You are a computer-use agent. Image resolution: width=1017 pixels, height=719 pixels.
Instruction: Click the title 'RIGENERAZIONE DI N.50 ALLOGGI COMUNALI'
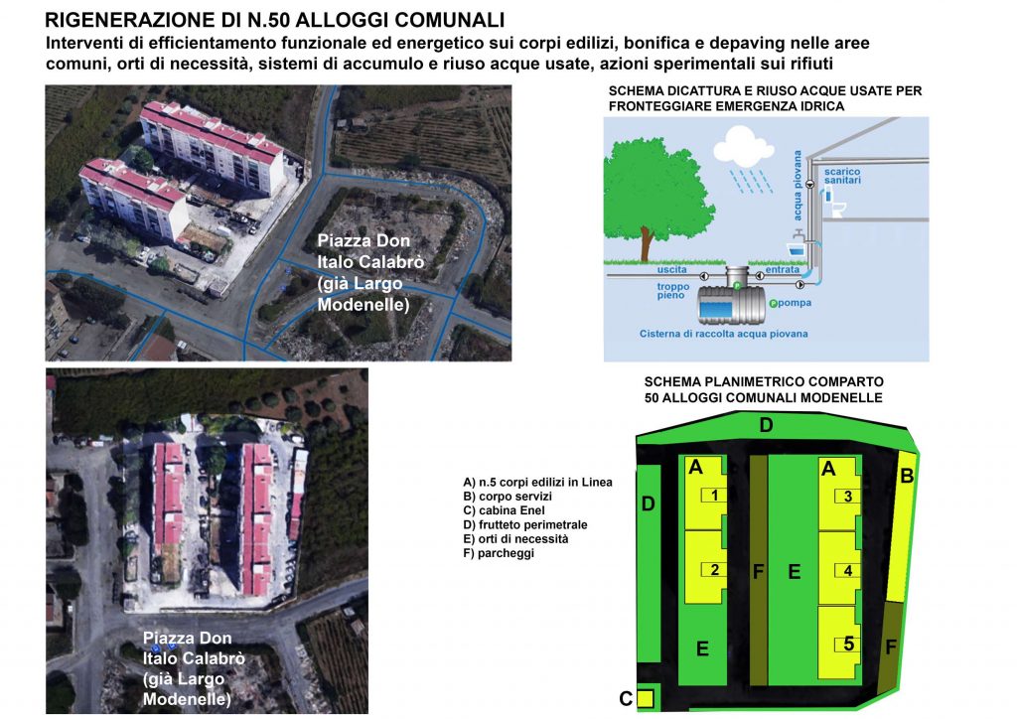[x=274, y=20]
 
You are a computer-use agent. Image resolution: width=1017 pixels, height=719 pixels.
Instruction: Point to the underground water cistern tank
[x=732, y=304]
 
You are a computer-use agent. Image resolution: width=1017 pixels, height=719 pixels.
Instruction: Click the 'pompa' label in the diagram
[x=794, y=303]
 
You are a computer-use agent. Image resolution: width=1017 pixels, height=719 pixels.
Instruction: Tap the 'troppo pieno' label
[x=672, y=291]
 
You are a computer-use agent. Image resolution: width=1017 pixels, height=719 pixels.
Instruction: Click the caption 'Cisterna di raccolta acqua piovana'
[x=723, y=334]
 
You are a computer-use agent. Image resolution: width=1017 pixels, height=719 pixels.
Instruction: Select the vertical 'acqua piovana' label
[x=798, y=186]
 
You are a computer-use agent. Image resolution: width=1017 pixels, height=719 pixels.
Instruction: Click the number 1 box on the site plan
[x=713, y=496]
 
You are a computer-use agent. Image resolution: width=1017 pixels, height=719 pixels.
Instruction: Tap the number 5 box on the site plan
[x=847, y=644]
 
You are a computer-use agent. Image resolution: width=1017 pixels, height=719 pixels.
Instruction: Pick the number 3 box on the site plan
[x=846, y=496]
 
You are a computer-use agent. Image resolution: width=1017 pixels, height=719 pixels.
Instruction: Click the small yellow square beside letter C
[x=645, y=699]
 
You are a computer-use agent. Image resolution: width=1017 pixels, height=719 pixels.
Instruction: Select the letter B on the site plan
[x=907, y=476]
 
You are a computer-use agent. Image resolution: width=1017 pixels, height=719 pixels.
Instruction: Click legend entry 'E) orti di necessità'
[x=515, y=539]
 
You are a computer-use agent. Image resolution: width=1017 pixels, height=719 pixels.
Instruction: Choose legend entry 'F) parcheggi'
[x=499, y=553]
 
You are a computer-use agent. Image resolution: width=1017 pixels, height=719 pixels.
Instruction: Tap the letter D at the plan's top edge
[x=766, y=425]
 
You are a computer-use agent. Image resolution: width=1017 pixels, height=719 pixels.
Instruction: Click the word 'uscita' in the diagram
[x=671, y=269]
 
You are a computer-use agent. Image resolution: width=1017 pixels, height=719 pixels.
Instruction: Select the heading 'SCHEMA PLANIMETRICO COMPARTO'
[x=764, y=382]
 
